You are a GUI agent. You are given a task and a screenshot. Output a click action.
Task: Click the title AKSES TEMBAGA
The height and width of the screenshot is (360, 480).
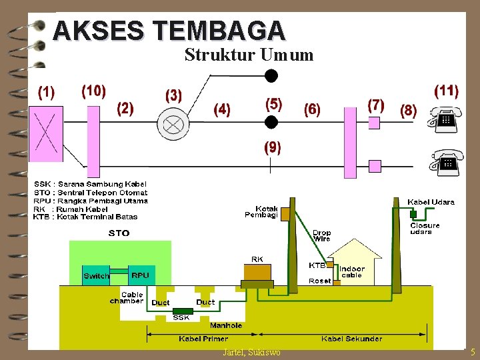pyautogui.click(x=169, y=31)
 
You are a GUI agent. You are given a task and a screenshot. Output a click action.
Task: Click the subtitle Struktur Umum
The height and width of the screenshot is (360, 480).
pyautogui.click(x=249, y=55)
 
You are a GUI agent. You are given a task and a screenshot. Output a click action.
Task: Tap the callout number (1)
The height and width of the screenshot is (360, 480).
pyautogui.click(x=46, y=92)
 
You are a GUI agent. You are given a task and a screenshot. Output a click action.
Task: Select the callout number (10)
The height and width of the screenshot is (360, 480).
pyautogui.click(x=93, y=91)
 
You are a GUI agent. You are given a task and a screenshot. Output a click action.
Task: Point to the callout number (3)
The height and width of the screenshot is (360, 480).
pyautogui.click(x=173, y=95)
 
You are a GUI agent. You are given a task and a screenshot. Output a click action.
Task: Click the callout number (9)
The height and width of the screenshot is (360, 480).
pyautogui.click(x=272, y=147)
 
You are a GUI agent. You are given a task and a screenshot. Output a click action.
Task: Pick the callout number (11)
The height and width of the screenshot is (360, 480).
pyautogui.click(x=446, y=91)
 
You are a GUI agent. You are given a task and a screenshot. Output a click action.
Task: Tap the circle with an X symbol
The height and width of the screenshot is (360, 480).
pyautogui.click(x=174, y=123)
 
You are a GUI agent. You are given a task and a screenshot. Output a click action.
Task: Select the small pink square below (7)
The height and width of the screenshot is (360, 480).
pyautogui.click(x=374, y=123)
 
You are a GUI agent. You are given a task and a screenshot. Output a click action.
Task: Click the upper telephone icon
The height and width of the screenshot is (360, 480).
pyautogui.click(x=444, y=121)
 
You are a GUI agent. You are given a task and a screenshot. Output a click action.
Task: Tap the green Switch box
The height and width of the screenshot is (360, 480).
pyautogui.click(x=96, y=276)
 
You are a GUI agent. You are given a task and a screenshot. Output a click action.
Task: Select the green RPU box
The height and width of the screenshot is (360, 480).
pyautogui.click(x=140, y=275)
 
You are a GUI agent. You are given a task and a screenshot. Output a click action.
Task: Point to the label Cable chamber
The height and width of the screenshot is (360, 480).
pyautogui.click(x=127, y=297)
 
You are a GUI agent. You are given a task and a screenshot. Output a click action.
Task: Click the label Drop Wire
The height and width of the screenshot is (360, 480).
pyautogui.click(x=321, y=235)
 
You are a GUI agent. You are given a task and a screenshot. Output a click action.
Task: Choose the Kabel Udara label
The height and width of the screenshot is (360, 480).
pyautogui.click(x=431, y=202)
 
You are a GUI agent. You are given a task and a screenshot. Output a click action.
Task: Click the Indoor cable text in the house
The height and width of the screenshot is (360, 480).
pyautogui.click(x=352, y=272)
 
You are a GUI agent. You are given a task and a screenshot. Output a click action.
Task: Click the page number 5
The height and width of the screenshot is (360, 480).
pyautogui.click(x=473, y=352)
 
